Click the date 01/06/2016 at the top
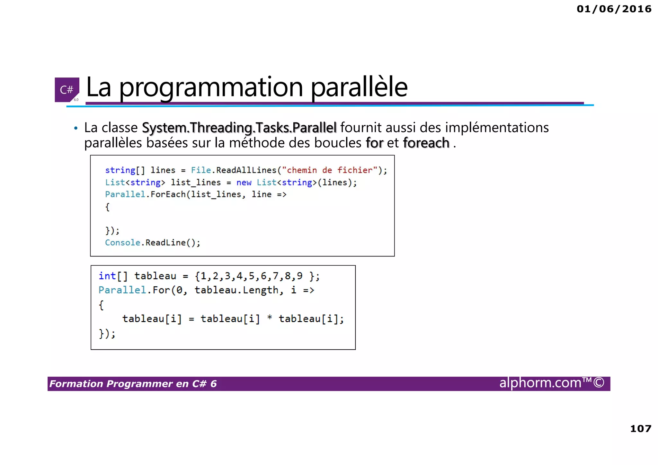pyautogui.click(x=614, y=9)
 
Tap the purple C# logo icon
pyautogui.click(x=67, y=90)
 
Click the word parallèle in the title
pyautogui.click(x=359, y=87)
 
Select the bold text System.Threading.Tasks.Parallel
pyautogui.click(x=239, y=128)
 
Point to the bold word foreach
pyautogui.click(x=426, y=143)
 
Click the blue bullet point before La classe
pyautogui.click(x=76, y=129)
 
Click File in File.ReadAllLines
pyautogui.click(x=201, y=170)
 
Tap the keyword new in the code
pyautogui.click(x=244, y=183)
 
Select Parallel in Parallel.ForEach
pyautogui.click(x=125, y=194)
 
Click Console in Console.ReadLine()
pyautogui.click(x=122, y=243)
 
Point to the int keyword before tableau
pyautogui.click(x=107, y=276)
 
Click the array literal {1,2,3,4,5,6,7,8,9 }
pyautogui.click(x=257, y=276)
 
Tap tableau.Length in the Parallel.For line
pyautogui.click(x=238, y=290)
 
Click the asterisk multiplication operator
pyautogui.click(x=270, y=318)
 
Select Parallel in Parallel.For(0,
pyautogui.click(x=122, y=290)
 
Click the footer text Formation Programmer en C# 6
pyautogui.click(x=133, y=384)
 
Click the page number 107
pyautogui.click(x=640, y=429)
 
